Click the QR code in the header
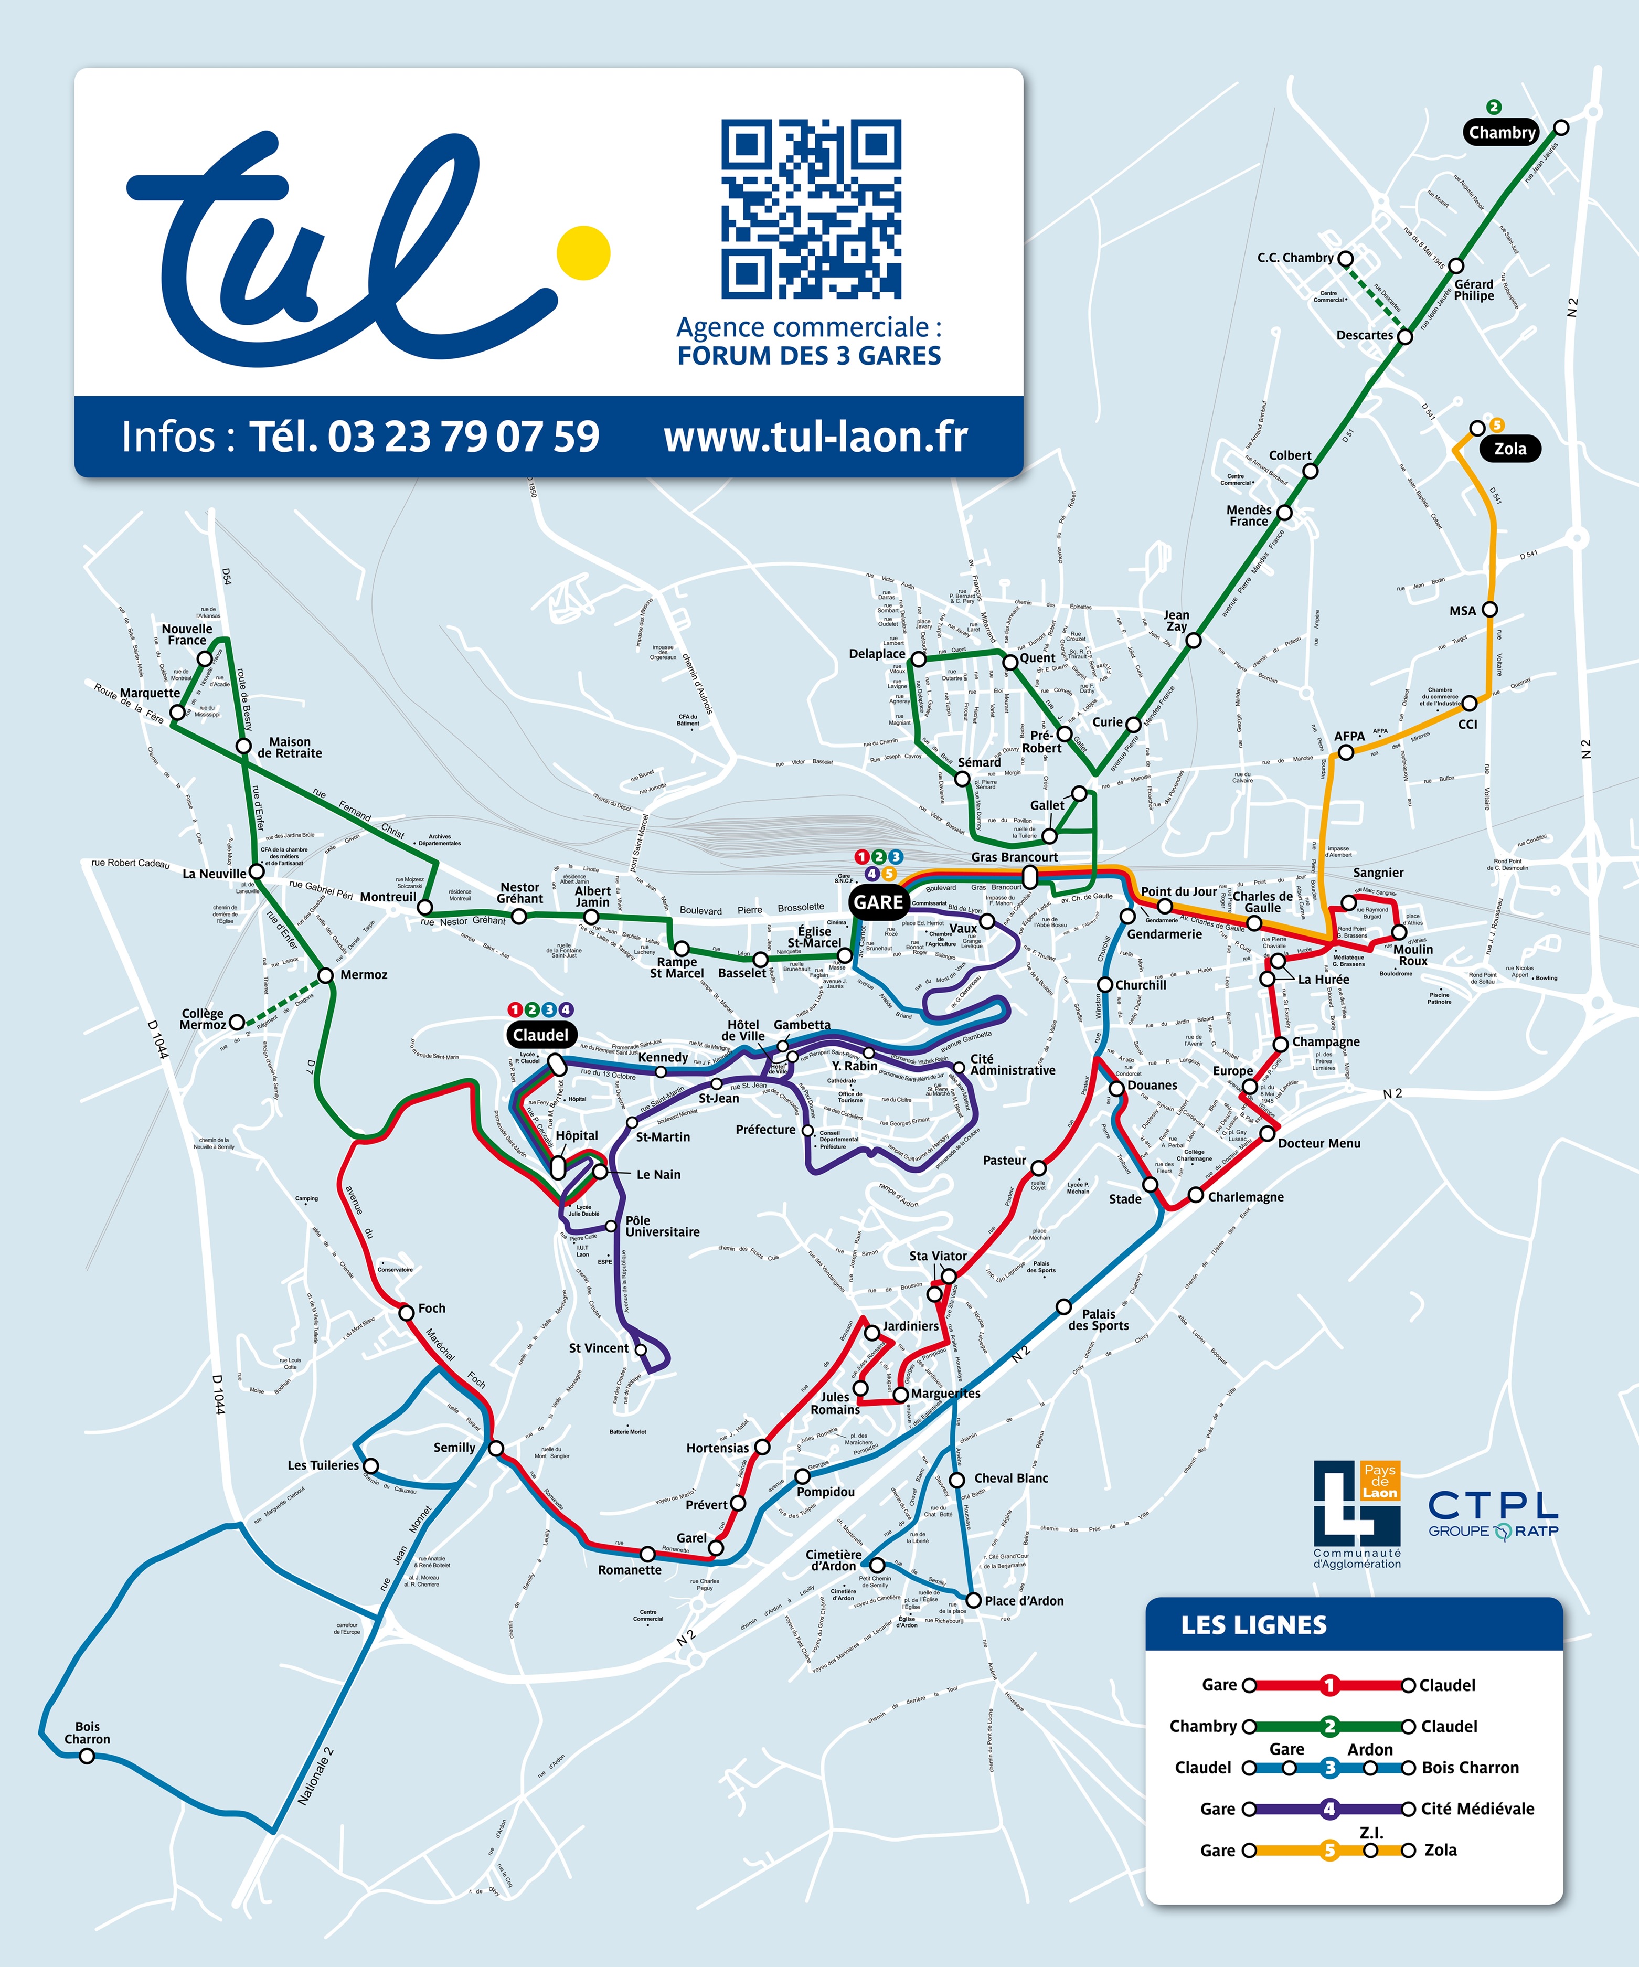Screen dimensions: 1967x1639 click(811, 208)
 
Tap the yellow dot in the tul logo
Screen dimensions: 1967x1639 click(582, 252)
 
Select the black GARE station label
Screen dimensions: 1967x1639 click(878, 902)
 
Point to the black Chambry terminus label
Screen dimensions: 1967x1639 click(1502, 132)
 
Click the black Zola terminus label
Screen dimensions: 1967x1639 click(1510, 449)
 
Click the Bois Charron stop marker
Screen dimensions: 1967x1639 click(86, 1756)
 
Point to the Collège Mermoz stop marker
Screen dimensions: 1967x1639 click(237, 1022)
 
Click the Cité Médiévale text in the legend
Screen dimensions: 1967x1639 click(1477, 1809)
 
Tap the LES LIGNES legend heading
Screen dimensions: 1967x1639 click(1253, 1625)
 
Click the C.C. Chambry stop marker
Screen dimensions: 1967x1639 click(1345, 259)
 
